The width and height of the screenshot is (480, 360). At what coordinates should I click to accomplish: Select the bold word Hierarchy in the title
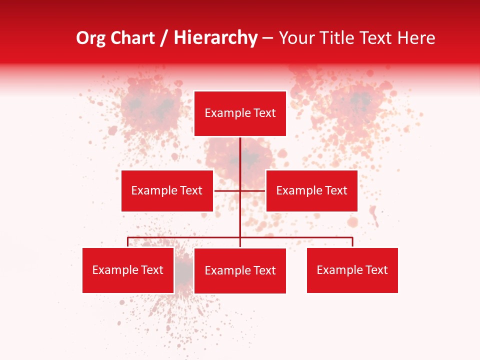tap(215, 38)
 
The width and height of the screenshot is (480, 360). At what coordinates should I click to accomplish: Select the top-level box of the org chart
tap(240, 113)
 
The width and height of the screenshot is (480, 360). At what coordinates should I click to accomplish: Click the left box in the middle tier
tap(167, 190)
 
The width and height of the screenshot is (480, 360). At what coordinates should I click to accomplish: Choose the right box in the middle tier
tap(311, 190)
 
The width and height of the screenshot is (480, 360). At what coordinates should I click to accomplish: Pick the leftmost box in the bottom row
tap(128, 270)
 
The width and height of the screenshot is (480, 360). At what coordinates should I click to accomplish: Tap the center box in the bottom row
tap(240, 270)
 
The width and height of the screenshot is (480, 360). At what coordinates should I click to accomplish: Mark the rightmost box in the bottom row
tap(352, 270)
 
